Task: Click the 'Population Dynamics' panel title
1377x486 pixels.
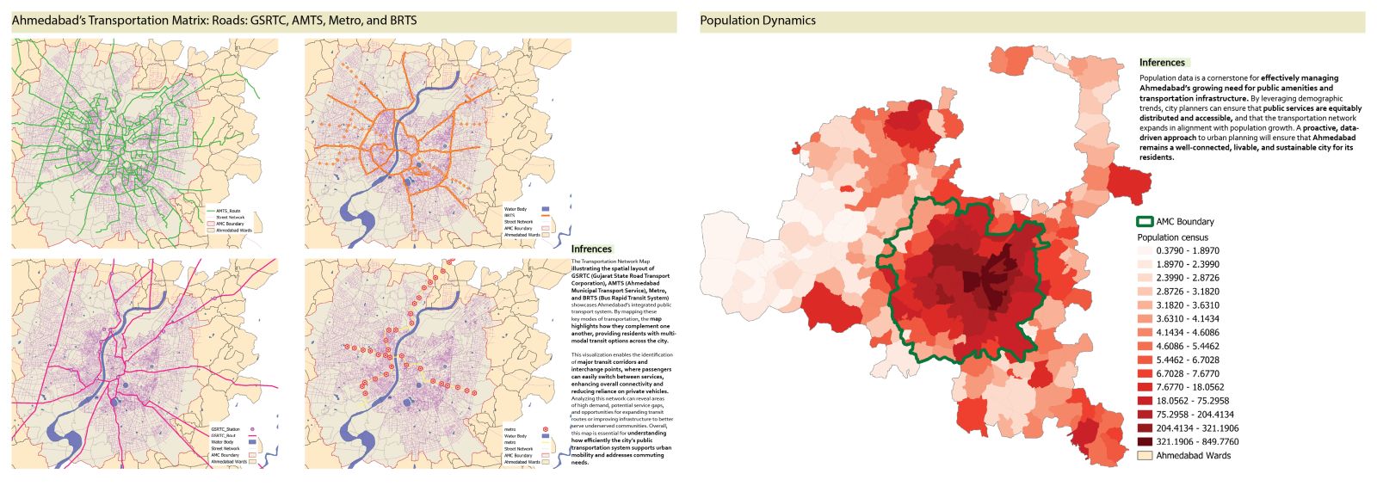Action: (x=757, y=21)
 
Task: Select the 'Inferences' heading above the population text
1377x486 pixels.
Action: (x=1162, y=63)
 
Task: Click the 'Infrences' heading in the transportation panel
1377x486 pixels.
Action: (x=591, y=249)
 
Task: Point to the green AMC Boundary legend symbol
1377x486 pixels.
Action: (x=1145, y=222)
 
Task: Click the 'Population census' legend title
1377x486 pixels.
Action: (x=1172, y=237)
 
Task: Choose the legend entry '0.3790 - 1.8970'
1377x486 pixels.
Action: (x=1187, y=251)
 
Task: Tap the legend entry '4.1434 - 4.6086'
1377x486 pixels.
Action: (x=1187, y=333)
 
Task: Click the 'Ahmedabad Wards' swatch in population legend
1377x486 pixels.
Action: (x=1145, y=456)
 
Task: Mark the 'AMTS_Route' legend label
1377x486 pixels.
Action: (x=228, y=211)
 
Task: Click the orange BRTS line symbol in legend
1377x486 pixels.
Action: (x=544, y=216)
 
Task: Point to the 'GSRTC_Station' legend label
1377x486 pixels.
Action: (x=225, y=429)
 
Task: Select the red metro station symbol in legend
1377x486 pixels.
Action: (x=544, y=429)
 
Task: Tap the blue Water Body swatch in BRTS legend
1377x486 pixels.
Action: (x=544, y=209)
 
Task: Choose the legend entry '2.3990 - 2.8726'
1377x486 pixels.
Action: (x=1187, y=278)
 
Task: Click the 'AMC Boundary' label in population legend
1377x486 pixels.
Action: (x=1184, y=222)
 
